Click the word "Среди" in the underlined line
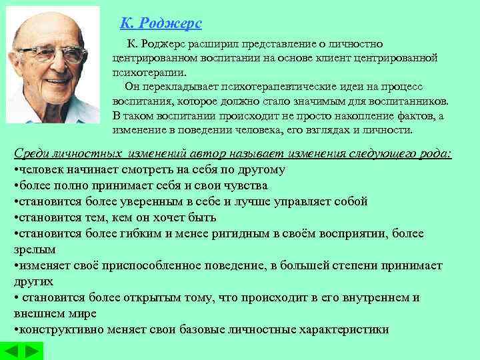coord(30,154)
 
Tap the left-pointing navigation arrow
coord(13,351)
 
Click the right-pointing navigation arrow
coord(32,351)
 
